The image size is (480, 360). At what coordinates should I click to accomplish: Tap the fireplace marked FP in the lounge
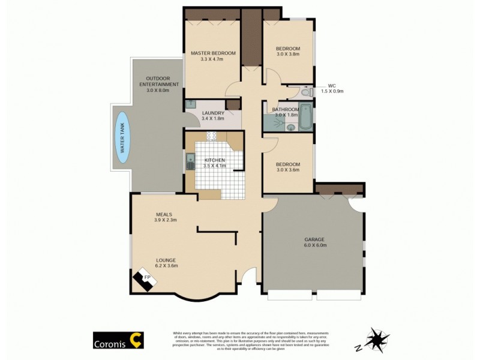[144, 280]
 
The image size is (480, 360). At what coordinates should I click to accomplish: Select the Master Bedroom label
[213, 53]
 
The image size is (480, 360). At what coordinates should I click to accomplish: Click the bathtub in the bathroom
[306, 116]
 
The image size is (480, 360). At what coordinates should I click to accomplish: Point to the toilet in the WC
[305, 93]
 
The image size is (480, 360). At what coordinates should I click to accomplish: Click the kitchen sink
[190, 161]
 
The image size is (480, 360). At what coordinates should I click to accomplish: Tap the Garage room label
[312, 239]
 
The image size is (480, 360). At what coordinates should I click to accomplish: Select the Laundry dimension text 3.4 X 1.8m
[213, 119]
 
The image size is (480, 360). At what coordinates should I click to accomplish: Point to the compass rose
[377, 340]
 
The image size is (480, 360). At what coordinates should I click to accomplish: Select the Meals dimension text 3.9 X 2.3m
[164, 220]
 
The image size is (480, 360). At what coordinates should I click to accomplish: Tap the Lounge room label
[166, 260]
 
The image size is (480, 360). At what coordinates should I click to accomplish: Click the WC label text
[332, 85]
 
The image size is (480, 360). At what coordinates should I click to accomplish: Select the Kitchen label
[214, 160]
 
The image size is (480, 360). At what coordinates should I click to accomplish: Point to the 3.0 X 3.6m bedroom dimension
[287, 170]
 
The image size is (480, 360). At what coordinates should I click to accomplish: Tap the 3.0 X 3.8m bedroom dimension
[287, 55]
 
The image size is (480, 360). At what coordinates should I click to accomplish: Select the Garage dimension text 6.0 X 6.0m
[312, 245]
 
